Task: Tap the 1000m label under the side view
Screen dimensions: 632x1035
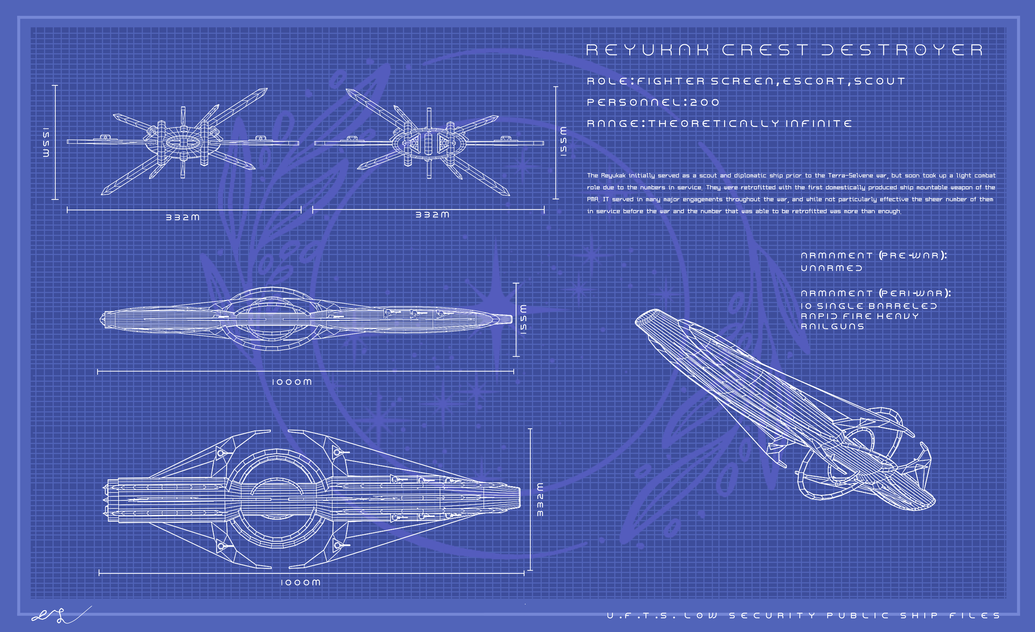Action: point(292,382)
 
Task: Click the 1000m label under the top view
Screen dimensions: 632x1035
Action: point(300,582)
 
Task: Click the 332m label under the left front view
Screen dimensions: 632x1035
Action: point(183,217)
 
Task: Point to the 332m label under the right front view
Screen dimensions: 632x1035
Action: point(433,215)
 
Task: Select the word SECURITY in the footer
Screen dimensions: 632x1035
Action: point(772,616)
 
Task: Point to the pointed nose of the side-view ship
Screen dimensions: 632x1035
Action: point(509,319)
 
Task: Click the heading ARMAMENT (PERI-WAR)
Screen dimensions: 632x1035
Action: point(876,293)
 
